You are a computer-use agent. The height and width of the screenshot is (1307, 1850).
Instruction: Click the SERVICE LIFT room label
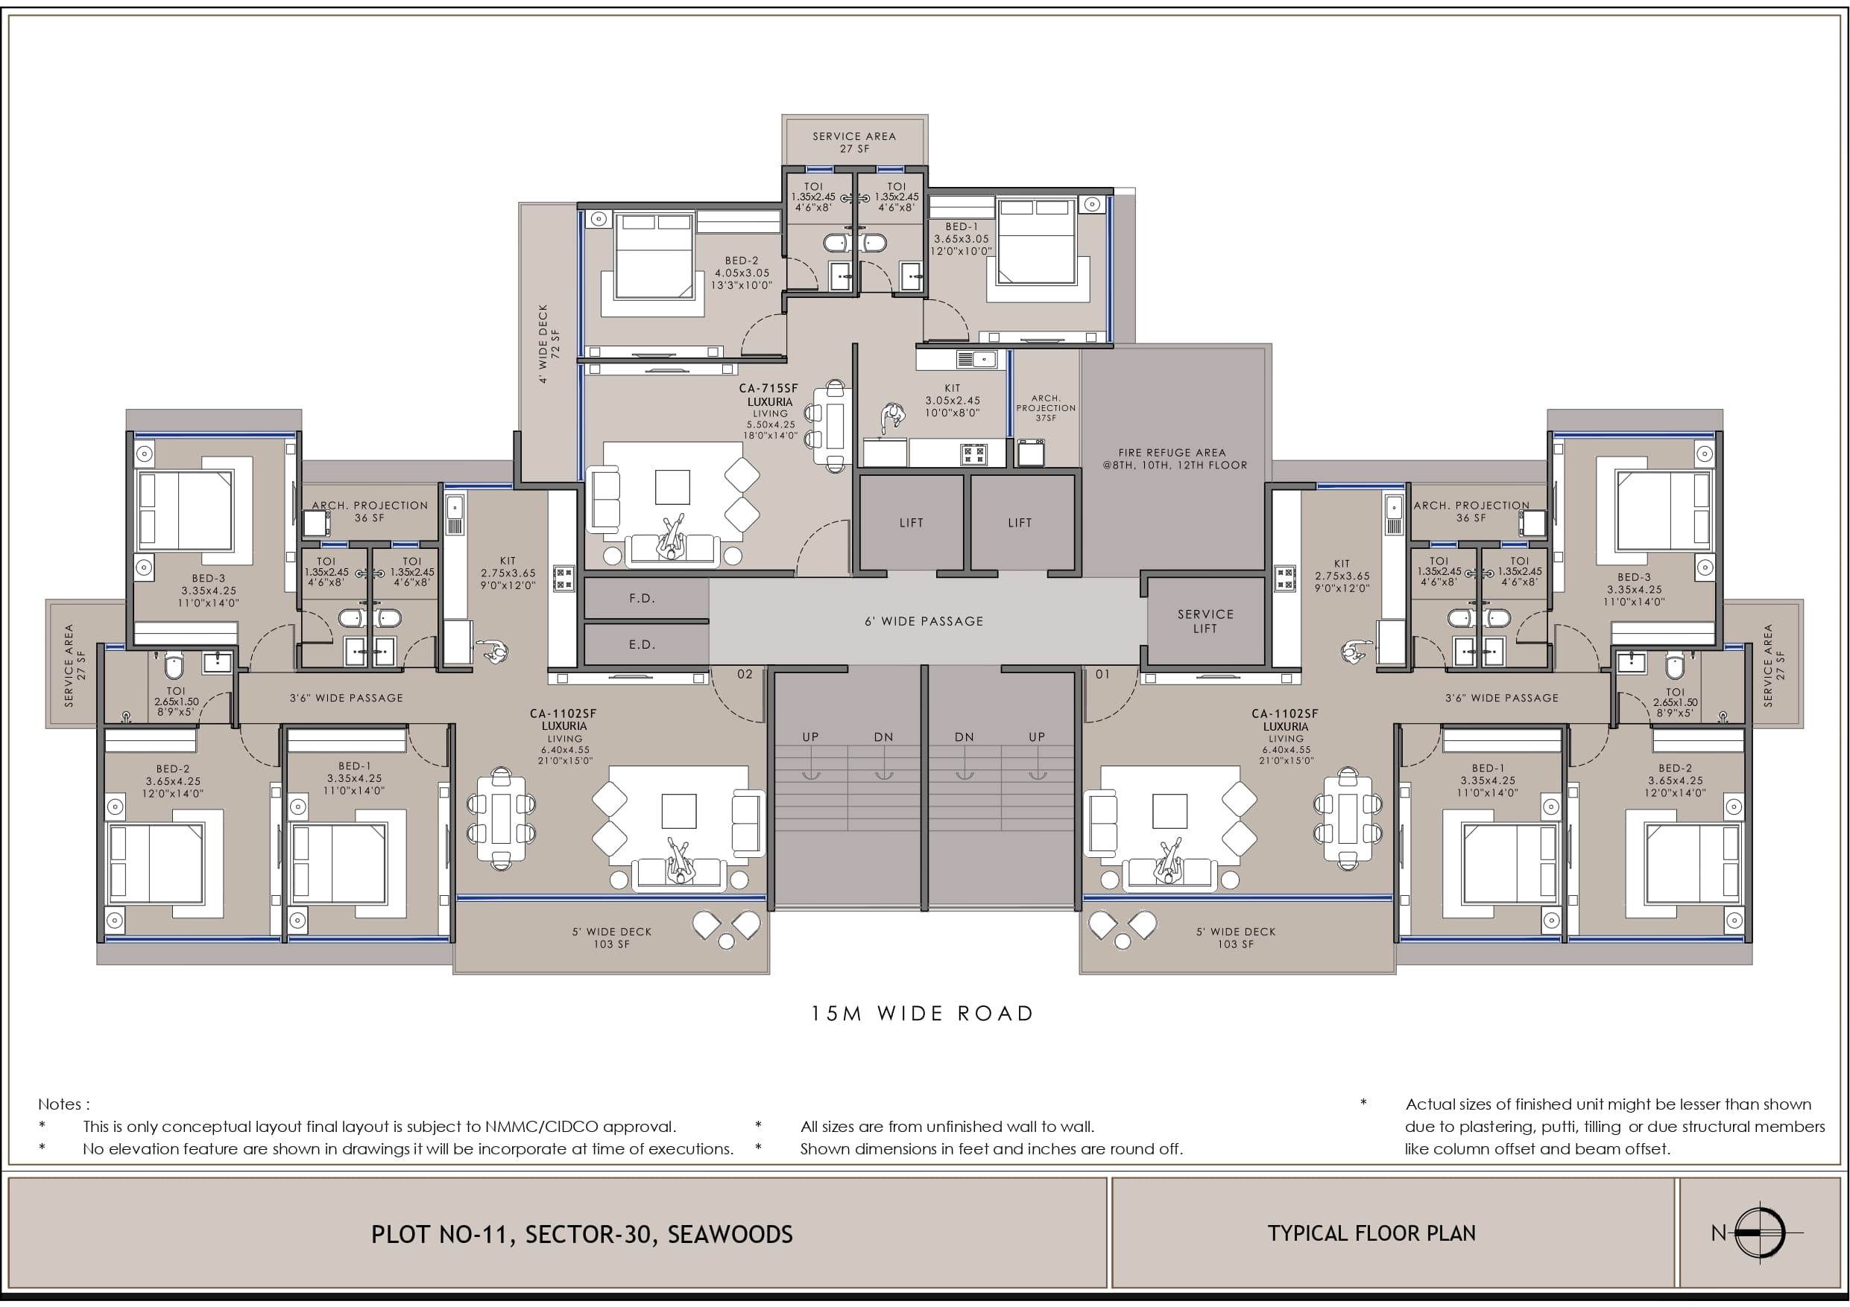coord(1205,621)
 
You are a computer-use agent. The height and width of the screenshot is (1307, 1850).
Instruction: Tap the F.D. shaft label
coord(643,598)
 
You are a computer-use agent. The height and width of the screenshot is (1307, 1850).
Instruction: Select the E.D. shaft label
coord(643,644)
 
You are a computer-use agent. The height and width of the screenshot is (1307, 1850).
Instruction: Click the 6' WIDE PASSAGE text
coord(924,621)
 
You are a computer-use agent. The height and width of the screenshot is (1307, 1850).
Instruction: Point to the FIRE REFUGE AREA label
coord(1175,459)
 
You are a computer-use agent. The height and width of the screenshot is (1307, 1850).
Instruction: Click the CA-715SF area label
coord(768,388)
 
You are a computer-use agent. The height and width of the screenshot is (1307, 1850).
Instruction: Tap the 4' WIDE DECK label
coord(548,343)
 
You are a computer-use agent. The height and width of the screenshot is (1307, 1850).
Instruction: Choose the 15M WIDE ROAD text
coord(923,1013)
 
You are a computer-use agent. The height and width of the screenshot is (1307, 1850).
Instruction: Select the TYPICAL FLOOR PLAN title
coord(1371,1233)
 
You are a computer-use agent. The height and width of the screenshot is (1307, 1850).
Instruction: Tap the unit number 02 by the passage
coord(745,674)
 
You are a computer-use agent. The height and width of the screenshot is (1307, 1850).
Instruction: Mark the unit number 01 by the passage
coord(1102,674)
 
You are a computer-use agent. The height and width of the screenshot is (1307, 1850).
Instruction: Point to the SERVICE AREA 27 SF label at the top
coord(854,141)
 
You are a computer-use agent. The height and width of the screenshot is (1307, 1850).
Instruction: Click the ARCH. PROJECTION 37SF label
coord(1046,407)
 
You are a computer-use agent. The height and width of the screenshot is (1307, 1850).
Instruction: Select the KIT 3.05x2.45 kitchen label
coord(953,400)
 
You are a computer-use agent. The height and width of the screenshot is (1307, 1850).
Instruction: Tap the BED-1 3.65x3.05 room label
coord(961,239)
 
